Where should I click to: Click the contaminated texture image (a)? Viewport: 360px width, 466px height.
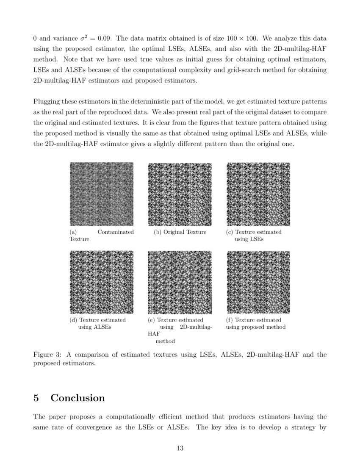click(x=101, y=194)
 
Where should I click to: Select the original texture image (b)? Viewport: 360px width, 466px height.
click(x=180, y=194)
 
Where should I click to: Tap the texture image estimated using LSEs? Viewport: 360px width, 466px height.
click(x=258, y=194)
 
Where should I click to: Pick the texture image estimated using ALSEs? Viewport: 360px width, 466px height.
click(x=101, y=282)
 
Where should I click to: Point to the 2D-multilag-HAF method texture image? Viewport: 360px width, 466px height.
click(x=180, y=282)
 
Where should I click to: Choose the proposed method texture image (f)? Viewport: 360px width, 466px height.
click(x=258, y=282)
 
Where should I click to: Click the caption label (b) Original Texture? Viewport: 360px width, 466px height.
click(x=180, y=232)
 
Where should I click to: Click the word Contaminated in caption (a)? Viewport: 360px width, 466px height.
click(x=116, y=232)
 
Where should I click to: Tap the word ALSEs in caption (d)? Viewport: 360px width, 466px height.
click(x=102, y=327)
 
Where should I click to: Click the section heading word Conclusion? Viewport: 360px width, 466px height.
click(x=78, y=398)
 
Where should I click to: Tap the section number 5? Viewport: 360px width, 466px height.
click(x=36, y=398)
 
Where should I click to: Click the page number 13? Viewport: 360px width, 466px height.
click(x=180, y=448)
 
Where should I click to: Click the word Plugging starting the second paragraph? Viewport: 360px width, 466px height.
click(x=47, y=102)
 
